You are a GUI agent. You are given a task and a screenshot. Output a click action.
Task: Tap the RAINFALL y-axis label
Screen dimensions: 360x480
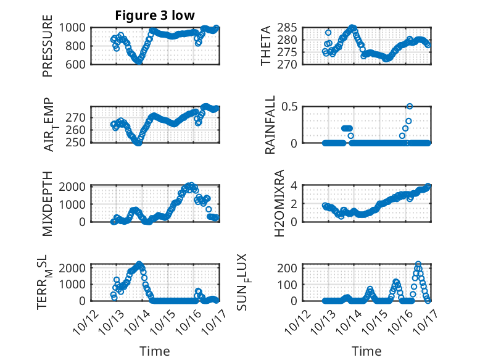point(270,125)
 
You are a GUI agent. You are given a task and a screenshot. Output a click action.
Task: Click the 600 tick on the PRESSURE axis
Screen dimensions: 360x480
point(77,64)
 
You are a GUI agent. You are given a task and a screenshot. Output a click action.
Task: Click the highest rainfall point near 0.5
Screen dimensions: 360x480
point(410,106)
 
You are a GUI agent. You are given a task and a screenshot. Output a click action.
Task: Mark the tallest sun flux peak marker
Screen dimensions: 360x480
point(418,264)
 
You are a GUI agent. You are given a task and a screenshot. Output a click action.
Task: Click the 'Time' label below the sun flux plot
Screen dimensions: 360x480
point(366,351)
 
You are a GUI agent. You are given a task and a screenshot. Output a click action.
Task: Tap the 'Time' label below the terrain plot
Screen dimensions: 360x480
point(154,351)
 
